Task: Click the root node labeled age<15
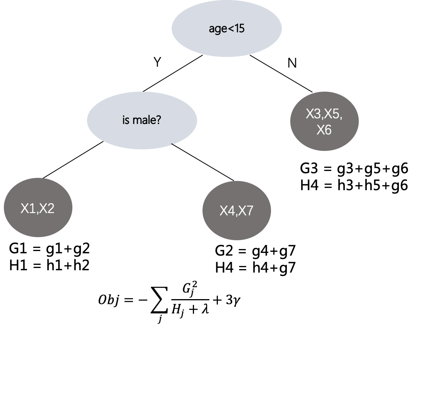(226, 28)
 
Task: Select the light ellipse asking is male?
(142, 120)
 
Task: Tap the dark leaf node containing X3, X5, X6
(324, 121)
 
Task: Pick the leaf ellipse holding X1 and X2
(38, 208)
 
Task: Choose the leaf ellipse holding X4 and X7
(236, 210)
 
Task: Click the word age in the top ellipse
(217, 29)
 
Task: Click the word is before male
(125, 120)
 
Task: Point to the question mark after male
(159, 120)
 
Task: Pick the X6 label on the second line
(324, 130)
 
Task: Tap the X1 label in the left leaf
(28, 208)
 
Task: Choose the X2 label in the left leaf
(47, 208)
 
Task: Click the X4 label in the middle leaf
(227, 211)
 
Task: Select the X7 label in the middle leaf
(246, 211)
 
